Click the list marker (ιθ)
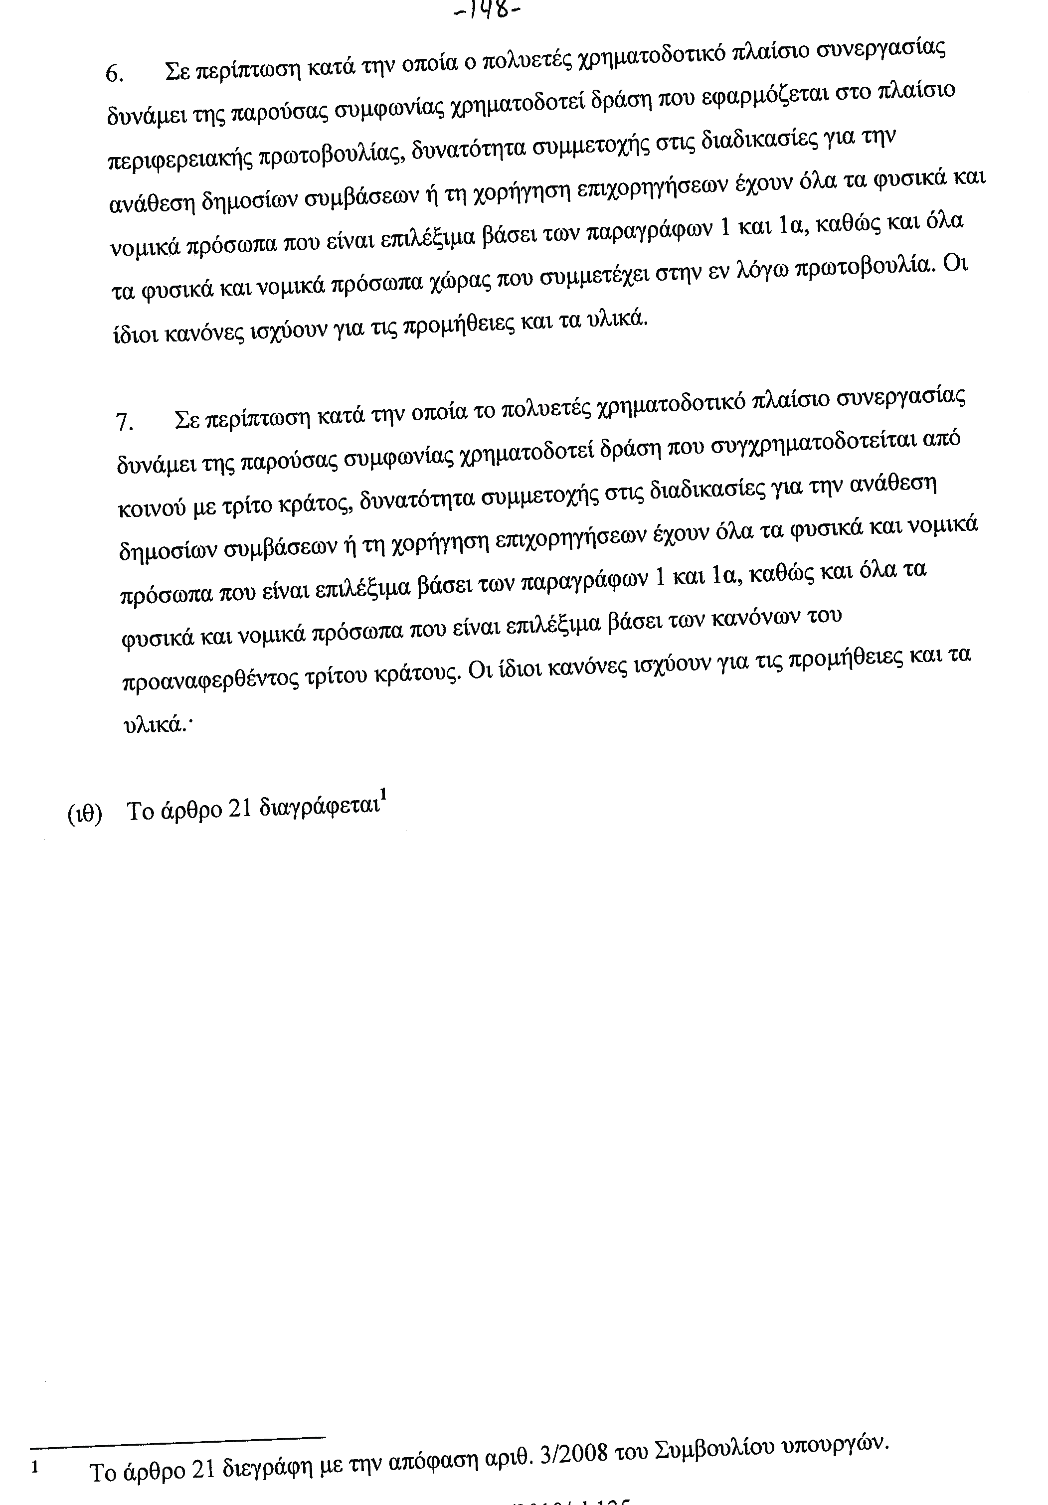click(x=85, y=814)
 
